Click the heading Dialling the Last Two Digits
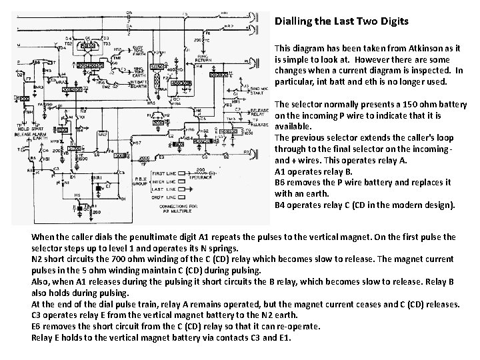click(343, 21)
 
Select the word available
click(291, 126)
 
